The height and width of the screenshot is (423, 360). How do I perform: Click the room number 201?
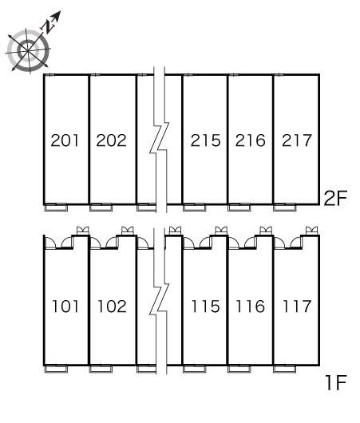(x=65, y=140)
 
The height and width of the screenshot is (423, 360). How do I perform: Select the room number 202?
(x=111, y=140)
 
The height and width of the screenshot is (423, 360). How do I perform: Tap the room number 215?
(x=205, y=140)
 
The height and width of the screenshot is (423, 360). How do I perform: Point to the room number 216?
(x=250, y=140)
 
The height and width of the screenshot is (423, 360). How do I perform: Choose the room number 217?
(x=297, y=140)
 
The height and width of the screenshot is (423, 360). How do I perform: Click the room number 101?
(x=65, y=306)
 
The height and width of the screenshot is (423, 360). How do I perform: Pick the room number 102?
(x=112, y=306)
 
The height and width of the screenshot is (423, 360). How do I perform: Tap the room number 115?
(x=205, y=306)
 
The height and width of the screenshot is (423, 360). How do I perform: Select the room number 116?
(x=251, y=306)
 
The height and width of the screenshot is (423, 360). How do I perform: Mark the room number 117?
(x=297, y=306)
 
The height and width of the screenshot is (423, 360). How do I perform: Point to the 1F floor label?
(x=336, y=383)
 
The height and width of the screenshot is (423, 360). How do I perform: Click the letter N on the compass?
(x=49, y=26)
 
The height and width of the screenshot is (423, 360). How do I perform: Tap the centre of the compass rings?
(x=28, y=50)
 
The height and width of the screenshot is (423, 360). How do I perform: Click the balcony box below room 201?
(x=56, y=208)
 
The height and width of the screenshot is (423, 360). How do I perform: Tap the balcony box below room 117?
(x=285, y=369)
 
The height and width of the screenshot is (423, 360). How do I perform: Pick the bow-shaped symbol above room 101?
(x=82, y=231)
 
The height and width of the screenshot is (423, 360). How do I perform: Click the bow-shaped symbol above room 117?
(x=311, y=231)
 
